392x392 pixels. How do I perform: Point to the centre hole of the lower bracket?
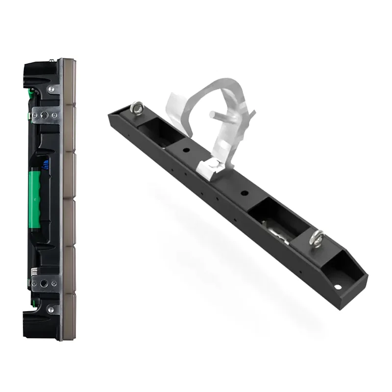(45, 283)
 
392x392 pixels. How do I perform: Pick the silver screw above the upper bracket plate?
(50, 90)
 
